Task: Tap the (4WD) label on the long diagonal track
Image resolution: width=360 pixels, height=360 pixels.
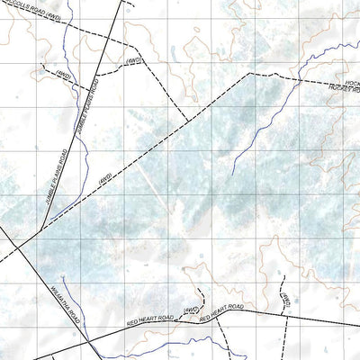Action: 105,178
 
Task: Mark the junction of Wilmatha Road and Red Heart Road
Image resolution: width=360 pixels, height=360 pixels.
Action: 94,340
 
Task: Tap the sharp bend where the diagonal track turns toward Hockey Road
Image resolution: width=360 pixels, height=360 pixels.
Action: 246,74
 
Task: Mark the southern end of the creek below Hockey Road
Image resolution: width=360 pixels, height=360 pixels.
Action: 231,174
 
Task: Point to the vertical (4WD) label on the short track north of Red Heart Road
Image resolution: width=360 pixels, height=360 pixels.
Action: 283,300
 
